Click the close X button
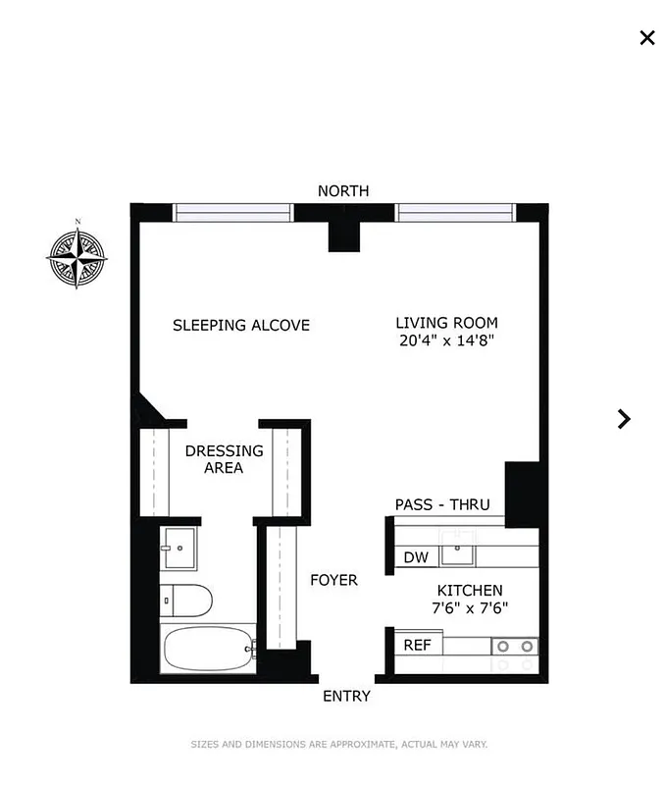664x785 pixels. click(x=647, y=37)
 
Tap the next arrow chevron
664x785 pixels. click(x=624, y=419)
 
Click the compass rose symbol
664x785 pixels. click(x=77, y=258)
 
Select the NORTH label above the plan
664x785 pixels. click(x=343, y=190)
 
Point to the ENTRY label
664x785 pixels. click(x=347, y=696)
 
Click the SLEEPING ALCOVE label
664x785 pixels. click(x=241, y=325)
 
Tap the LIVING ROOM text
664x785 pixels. click(x=446, y=323)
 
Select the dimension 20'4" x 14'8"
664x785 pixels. click(x=446, y=340)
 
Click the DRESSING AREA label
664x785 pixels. click(x=224, y=459)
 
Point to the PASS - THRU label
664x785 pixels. click(x=441, y=504)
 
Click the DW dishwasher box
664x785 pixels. click(x=416, y=557)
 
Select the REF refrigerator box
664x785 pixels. click(x=418, y=645)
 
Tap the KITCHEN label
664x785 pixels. click(x=470, y=591)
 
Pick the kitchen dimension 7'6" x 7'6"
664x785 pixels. click(x=470, y=608)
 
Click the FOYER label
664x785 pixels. click(x=333, y=580)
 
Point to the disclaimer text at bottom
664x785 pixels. click(x=338, y=745)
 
